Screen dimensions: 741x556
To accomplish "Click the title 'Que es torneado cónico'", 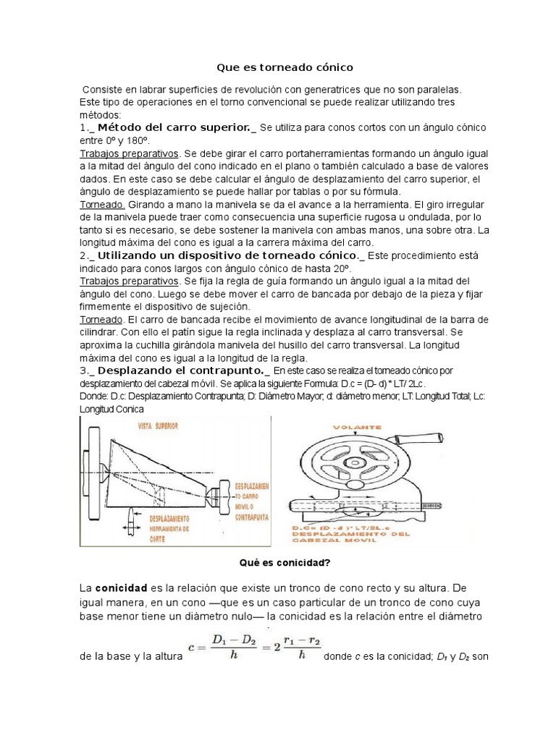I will pyautogui.click(x=285, y=67).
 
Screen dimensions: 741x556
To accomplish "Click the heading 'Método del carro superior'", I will pyautogui.click(x=173, y=127).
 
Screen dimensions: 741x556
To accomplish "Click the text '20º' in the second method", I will pyautogui.click(x=401, y=269).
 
